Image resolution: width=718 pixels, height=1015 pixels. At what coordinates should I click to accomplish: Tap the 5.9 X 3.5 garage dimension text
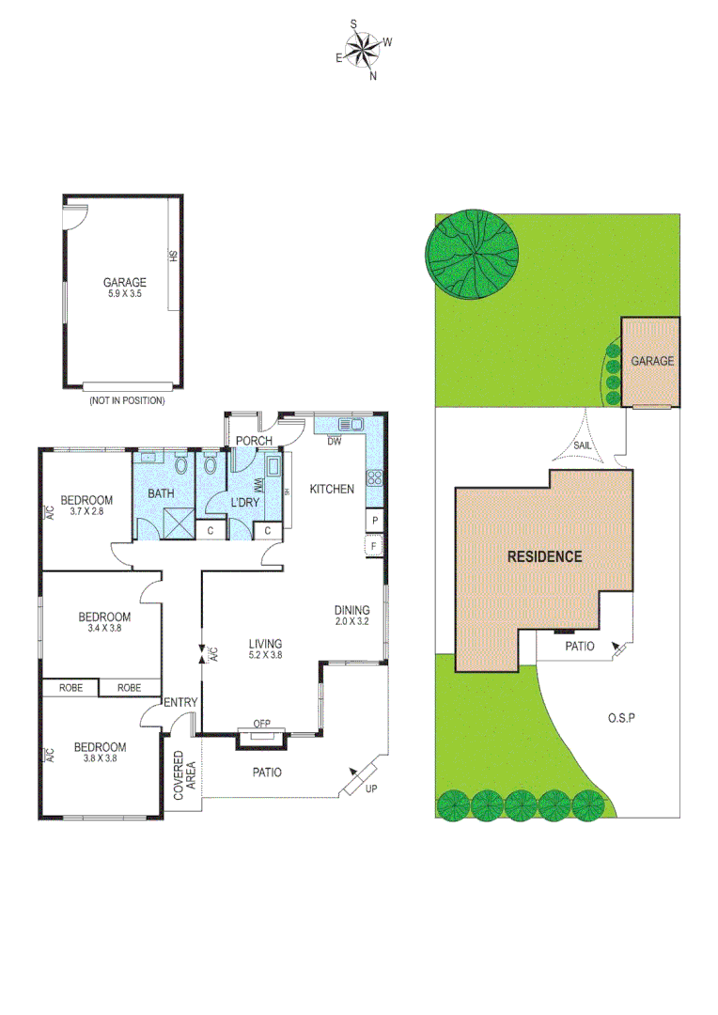pos(125,294)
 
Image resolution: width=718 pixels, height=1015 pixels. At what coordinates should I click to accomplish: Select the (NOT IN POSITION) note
pos(127,400)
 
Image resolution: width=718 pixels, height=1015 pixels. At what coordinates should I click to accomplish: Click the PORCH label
pos(254,441)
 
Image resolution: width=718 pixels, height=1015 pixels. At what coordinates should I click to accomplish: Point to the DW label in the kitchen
pos(335,441)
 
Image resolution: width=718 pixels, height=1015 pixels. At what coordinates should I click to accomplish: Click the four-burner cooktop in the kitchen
pos(374,477)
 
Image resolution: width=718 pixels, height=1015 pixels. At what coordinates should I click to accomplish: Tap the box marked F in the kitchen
pos(375,546)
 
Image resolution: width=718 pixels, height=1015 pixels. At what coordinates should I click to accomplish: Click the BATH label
pos(161,492)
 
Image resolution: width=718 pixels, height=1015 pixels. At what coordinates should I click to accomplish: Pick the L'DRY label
pos(244,503)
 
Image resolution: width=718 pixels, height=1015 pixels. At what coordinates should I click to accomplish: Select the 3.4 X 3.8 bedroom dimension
pos(103,629)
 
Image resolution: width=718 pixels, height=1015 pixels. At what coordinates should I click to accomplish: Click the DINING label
pos(352,609)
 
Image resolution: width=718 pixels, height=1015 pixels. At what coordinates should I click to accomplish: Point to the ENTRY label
pos(179,703)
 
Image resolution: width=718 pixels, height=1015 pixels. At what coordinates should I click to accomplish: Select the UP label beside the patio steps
pos(373,789)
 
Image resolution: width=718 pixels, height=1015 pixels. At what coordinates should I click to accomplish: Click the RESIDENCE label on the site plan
pos(544,556)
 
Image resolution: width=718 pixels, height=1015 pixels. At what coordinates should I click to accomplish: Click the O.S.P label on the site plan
pos(621,718)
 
